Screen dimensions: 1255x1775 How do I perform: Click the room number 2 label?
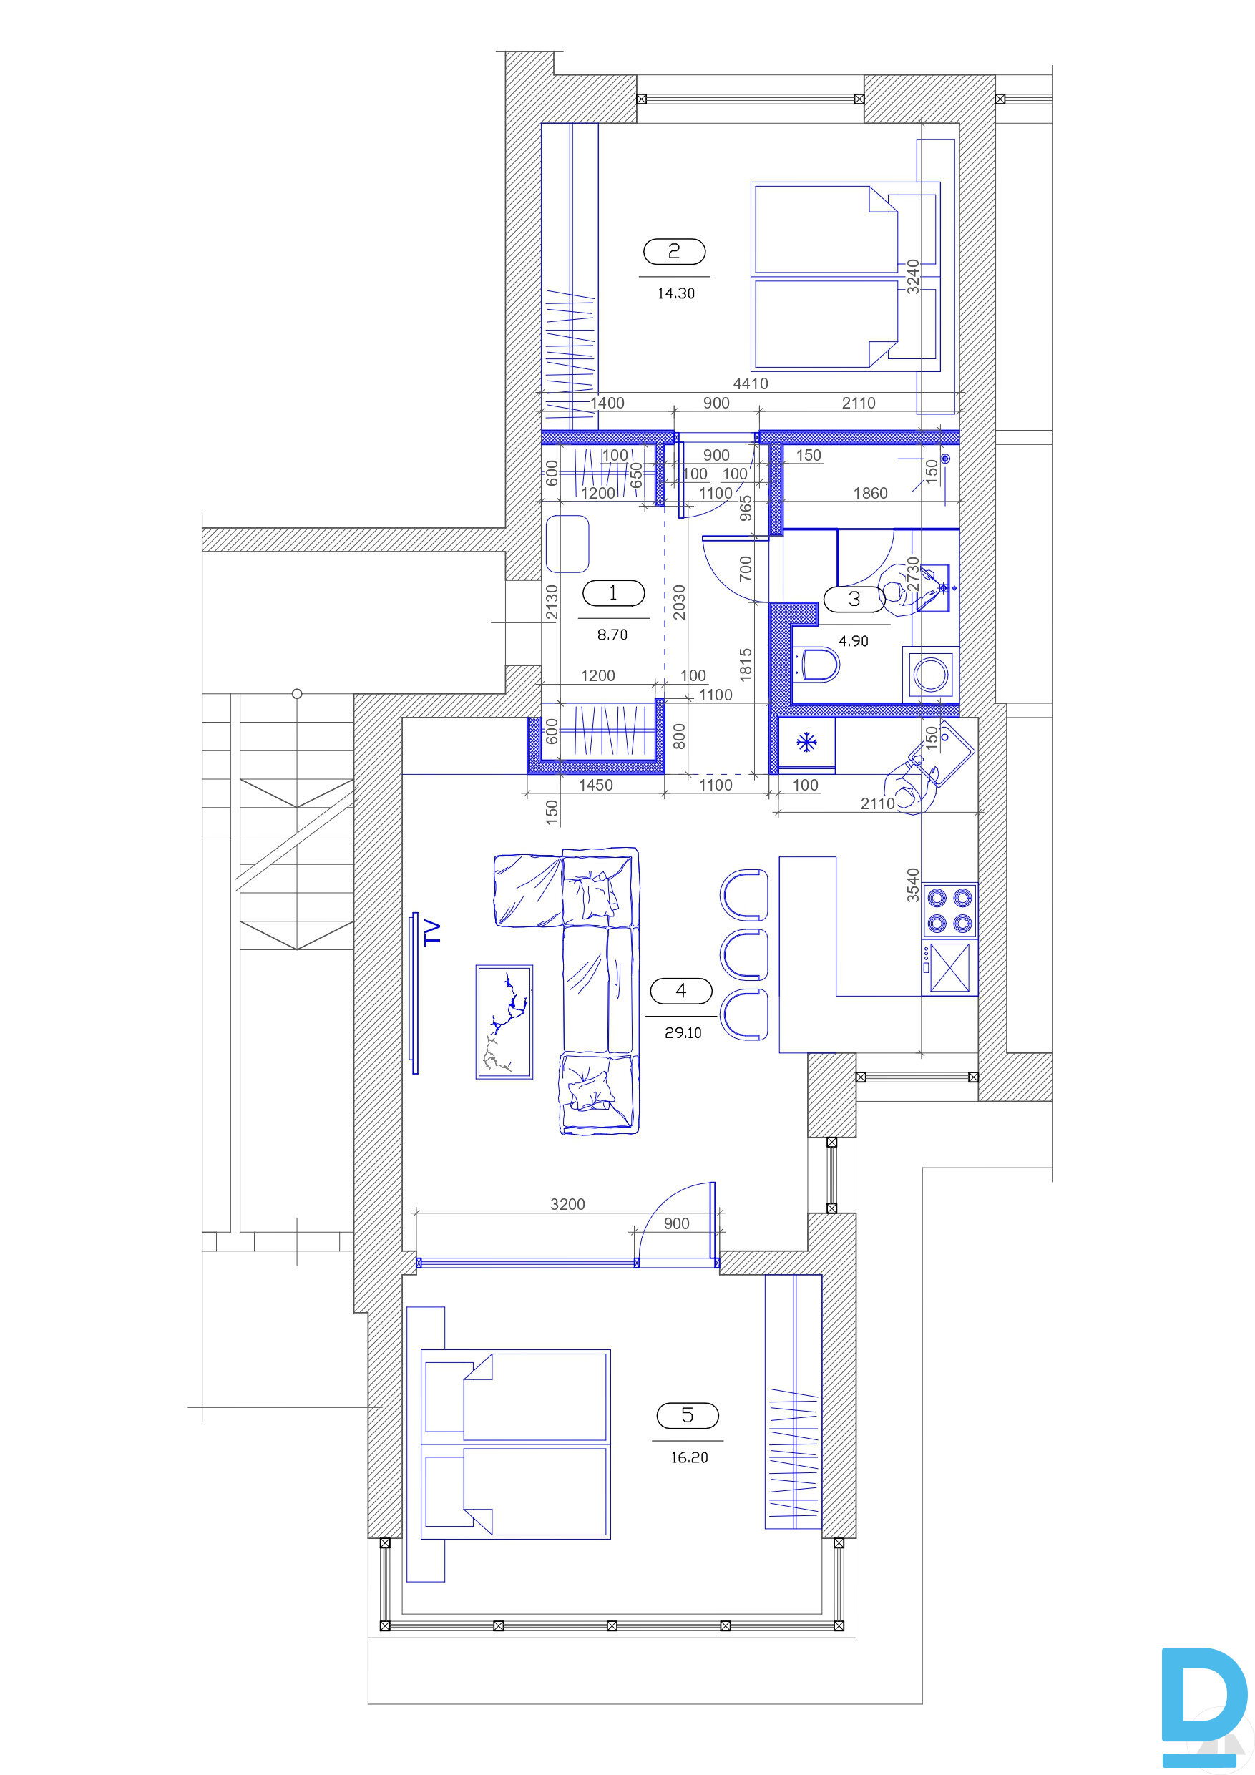(x=674, y=251)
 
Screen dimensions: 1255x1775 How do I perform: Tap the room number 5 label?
(x=688, y=1416)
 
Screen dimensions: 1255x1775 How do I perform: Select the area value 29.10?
(x=683, y=1033)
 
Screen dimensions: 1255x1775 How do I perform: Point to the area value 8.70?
(x=612, y=635)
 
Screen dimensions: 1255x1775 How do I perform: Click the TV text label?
(x=432, y=931)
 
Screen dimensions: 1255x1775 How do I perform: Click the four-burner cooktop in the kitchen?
(x=950, y=910)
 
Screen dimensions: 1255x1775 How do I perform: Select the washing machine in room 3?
(x=931, y=674)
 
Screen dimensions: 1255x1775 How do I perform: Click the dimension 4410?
(x=750, y=383)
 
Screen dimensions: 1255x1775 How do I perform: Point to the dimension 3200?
(x=567, y=1203)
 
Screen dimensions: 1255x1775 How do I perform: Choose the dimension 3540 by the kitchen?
(x=913, y=885)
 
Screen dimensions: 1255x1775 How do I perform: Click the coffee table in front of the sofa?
(x=504, y=1021)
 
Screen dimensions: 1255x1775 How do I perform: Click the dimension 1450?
(x=595, y=786)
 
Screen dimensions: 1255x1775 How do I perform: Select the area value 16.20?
(x=689, y=1457)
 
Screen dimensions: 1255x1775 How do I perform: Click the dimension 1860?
(x=870, y=493)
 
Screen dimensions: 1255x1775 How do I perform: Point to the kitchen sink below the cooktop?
(x=950, y=968)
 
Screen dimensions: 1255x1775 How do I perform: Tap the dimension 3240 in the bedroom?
(x=913, y=276)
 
